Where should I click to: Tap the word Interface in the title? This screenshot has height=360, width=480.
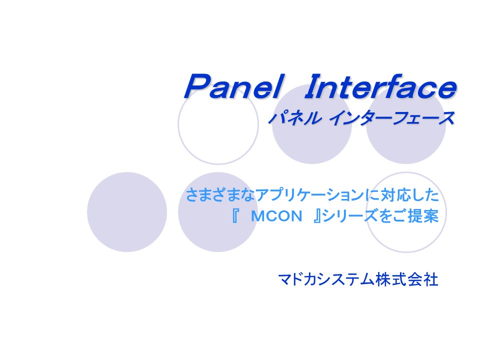click(x=380, y=86)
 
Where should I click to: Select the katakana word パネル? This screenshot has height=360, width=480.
click(x=294, y=118)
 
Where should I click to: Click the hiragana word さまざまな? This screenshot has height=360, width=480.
click(x=220, y=194)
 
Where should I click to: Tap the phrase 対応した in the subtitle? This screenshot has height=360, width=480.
click(x=409, y=194)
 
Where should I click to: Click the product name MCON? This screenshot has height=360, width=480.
click(x=276, y=216)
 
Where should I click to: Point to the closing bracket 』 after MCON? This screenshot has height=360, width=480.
click(x=317, y=216)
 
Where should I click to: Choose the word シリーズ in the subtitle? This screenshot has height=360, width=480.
click(x=350, y=216)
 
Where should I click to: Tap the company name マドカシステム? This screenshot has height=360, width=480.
click(x=326, y=279)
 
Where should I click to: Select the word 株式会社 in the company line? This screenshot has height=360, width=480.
click(x=407, y=279)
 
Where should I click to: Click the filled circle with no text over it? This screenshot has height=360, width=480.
click(x=127, y=212)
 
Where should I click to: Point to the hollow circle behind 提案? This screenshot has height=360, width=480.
click(x=406, y=252)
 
